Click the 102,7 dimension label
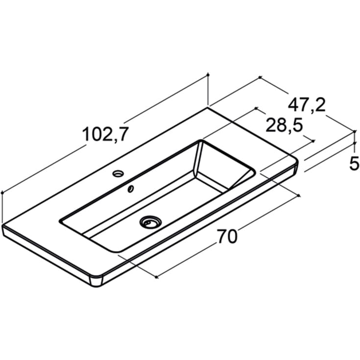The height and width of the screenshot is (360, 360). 105,134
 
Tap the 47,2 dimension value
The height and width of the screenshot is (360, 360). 307,105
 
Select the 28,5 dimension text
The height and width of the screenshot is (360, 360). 284,125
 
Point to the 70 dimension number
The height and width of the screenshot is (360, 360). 227,237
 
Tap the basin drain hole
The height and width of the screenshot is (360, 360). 150,221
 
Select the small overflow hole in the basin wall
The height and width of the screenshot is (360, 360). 131,189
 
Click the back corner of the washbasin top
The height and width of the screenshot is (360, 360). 208,107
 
